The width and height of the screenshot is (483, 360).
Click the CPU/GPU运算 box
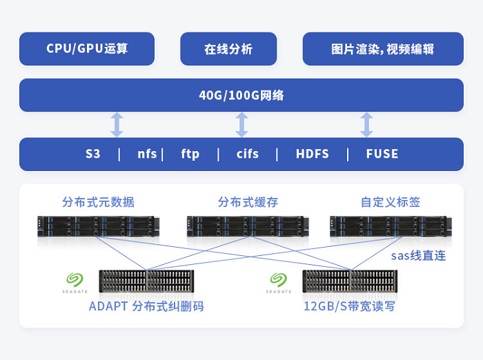click(87, 49)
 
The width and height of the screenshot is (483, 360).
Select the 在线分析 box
click(228, 49)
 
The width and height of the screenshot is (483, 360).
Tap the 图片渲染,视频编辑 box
click(382, 49)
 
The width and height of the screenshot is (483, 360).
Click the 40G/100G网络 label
click(241, 95)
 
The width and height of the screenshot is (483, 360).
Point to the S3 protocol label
click(93, 154)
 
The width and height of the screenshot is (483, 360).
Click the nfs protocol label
click(147, 154)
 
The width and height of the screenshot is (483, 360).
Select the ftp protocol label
click(190, 154)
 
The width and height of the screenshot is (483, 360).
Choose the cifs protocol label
click(247, 154)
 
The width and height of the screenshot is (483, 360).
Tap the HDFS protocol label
click(313, 154)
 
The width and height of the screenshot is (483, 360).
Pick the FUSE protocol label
click(382, 154)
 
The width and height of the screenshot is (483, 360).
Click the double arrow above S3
click(117, 125)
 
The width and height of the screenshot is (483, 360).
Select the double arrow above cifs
click(241, 125)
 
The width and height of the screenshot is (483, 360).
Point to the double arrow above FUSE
click(366, 125)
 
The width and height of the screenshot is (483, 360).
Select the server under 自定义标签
click(391, 226)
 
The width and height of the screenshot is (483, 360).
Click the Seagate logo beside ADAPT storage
click(75, 281)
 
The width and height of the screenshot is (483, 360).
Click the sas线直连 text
click(418, 256)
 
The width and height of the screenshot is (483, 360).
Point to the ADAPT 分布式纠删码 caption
click(146, 306)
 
